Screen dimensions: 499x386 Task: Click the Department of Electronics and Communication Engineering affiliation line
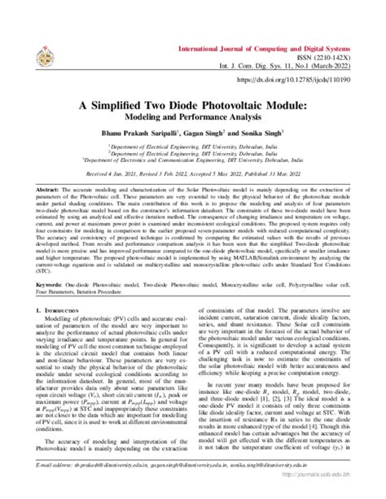(193, 161)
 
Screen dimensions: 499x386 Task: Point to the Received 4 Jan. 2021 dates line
(193, 173)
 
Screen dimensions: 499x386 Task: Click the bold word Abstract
(48, 188)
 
